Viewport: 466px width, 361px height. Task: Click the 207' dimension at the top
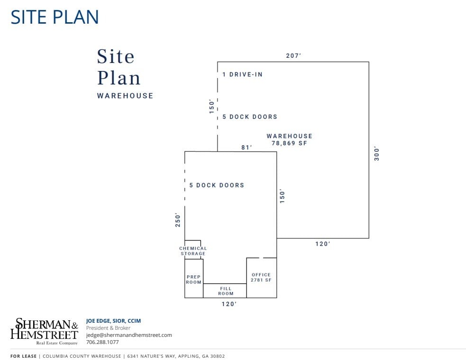point(293,56)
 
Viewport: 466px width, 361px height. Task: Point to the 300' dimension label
point(377,153)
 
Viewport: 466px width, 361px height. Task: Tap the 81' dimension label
point(247,147)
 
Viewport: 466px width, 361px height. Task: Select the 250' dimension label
point(178,220)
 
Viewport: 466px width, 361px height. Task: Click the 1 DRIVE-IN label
point(242,74)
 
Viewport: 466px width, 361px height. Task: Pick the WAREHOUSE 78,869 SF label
point(289,140)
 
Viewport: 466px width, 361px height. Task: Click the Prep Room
point(193,279)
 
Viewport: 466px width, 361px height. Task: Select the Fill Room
point(226,291)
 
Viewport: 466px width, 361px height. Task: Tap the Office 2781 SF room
point(261,277)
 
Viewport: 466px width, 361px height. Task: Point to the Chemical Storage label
point(193,251)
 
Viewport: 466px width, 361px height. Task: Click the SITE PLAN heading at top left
point(55,17)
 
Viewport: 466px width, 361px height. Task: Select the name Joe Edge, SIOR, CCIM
point(113,321)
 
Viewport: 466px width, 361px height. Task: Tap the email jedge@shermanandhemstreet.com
point(129,335)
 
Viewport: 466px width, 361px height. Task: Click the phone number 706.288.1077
point(102,342)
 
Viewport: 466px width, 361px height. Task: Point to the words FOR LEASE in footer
point(23,356)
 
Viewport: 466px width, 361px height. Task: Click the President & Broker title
point(108,328)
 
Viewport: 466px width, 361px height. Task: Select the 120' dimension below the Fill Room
point(229,304)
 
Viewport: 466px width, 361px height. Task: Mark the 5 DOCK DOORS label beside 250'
point(217,185)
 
